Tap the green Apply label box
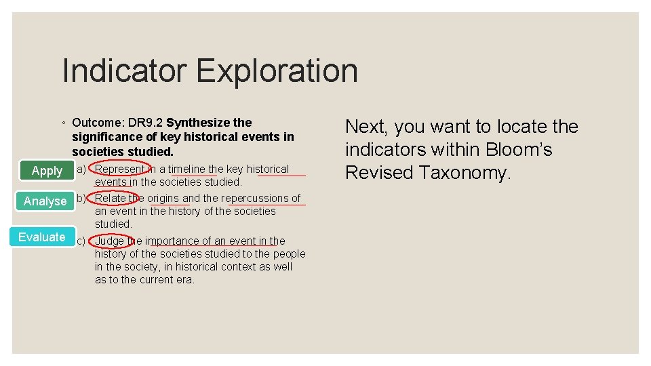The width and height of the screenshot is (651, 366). pyautogui.click(x=47, y=171)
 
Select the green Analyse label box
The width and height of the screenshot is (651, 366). pyautogui.click(x=45, y=201)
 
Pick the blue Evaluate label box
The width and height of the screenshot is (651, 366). pyautogui.click(x=42, y=237)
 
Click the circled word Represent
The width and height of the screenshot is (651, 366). pyautogui.click(x=119, y=169)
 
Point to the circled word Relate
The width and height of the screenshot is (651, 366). pyautogui.click(x=110, y=198)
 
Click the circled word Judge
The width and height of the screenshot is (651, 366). pyautogui.click(x=109, y=241)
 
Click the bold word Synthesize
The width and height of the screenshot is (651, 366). pyautogui.click(x=198, y=123)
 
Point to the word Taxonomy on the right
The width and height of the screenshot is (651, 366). pyautogui.click(x=463, y=173)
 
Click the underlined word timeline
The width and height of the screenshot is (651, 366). pyautogui.click(x=186, y=169)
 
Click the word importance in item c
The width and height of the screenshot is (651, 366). pyautogui.click(x=169, y=241)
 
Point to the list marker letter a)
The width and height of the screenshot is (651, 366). pyautogui.click(x=81, y=169)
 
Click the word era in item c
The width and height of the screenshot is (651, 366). pyautogui.click(x=184, y=279)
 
